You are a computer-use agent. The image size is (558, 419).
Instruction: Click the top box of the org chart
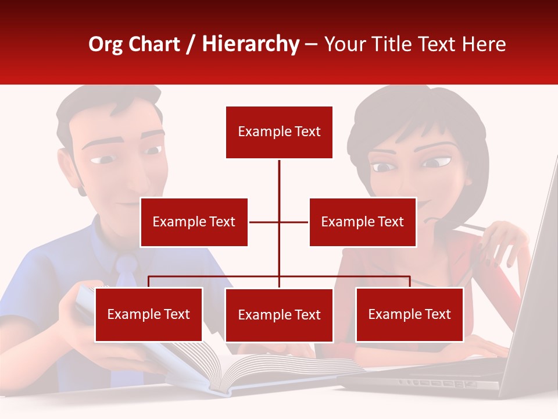tap(279, 132)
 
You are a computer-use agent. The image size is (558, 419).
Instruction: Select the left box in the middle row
tap(194, 222)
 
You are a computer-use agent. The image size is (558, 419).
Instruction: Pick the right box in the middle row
tap(362, 222)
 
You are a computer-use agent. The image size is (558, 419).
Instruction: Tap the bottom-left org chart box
tap(148, 314)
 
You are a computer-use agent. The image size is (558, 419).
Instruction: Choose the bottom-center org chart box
tap(279, 315)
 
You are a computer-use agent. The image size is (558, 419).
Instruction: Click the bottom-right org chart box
tap(409, 314)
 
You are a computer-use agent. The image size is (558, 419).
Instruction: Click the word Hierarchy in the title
tap(251, 44)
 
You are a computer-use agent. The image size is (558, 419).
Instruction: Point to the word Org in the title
tap(106, 44)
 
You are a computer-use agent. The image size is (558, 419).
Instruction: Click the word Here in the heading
tap(484, 44)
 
